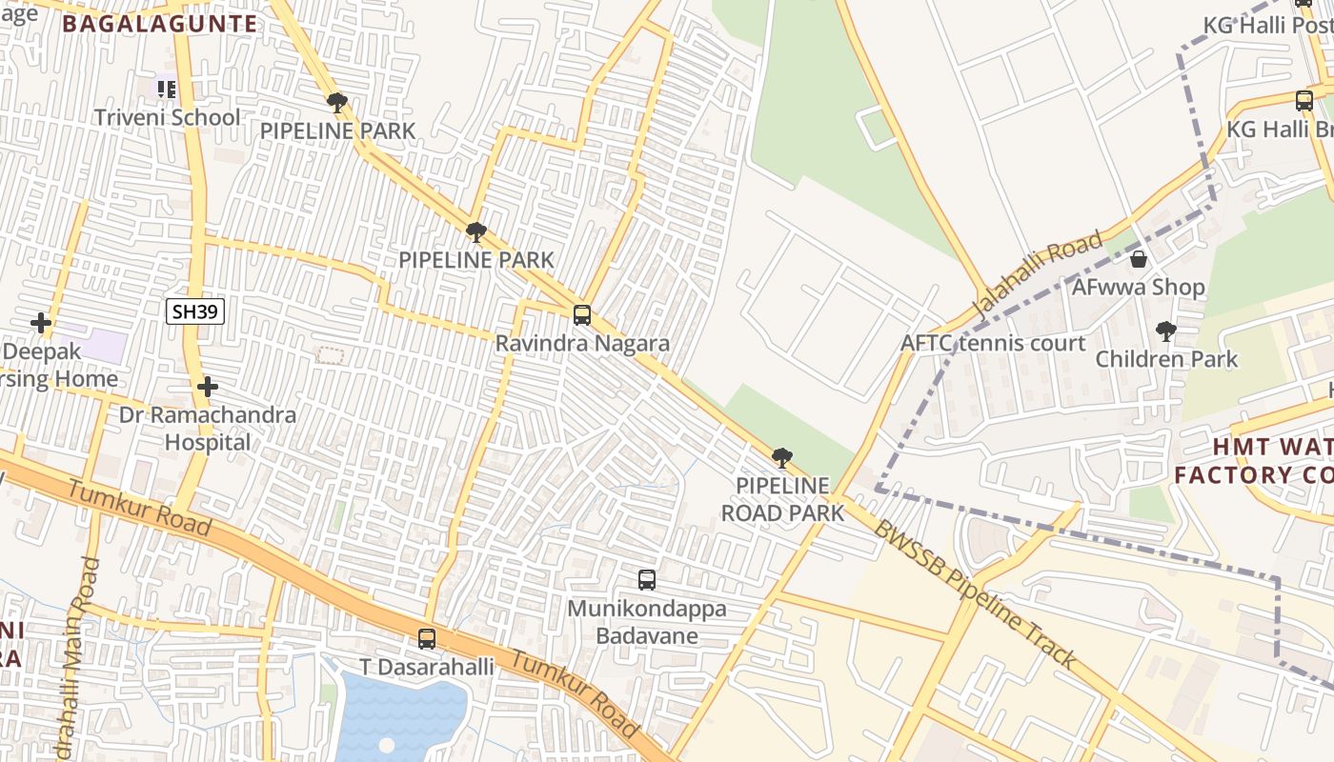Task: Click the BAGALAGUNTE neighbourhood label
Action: [160, 24]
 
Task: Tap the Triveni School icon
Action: [167, 89]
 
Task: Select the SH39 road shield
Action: [194, 311]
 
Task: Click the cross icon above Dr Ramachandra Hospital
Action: [208, 387]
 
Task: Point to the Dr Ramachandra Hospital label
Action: [207, 429]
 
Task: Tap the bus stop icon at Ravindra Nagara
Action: [581, 314]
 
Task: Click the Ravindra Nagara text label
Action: [581, 344]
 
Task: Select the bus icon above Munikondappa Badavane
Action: [646, 579]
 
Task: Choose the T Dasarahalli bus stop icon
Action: [427, 639]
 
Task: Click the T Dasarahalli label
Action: [426, 667]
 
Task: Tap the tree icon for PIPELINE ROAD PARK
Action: [781, 458]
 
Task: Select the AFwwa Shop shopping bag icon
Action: [1138, 259]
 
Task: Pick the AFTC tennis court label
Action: [993, 343]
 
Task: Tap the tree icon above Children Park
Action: [1165, 331]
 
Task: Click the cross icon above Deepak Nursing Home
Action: [40, 324]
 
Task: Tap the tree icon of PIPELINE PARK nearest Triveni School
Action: [335, 102]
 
